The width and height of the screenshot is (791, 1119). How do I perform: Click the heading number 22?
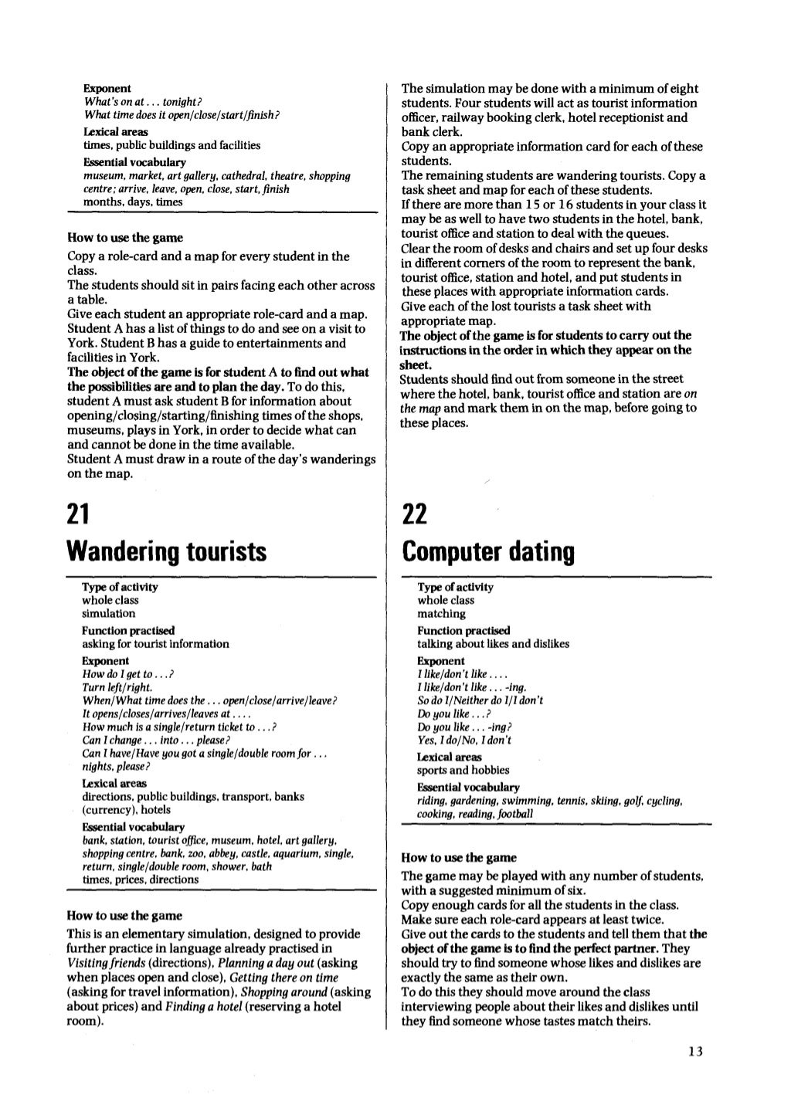pos(416,513)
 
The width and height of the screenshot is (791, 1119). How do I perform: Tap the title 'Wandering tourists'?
pos(167,551)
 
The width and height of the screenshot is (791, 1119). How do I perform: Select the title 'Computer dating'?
pos(488,551)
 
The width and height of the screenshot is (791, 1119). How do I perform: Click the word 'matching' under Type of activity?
pos(441,614)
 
